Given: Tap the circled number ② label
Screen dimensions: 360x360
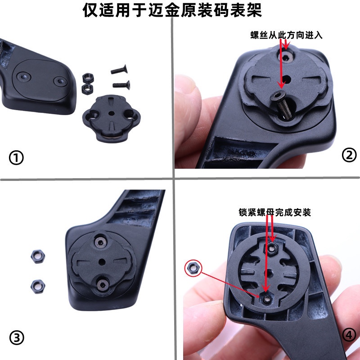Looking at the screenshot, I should [349, 155].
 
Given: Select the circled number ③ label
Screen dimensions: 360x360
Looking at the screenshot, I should [16, 338].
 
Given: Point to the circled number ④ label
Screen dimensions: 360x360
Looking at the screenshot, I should [349, 335].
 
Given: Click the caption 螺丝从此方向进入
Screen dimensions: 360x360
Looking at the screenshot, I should [286, 35].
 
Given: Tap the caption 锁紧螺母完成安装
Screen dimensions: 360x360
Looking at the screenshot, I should [274, 212].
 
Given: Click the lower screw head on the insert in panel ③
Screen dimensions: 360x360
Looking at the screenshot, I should [103, 283].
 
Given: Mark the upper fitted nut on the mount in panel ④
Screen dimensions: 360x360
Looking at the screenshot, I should [271, 248].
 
